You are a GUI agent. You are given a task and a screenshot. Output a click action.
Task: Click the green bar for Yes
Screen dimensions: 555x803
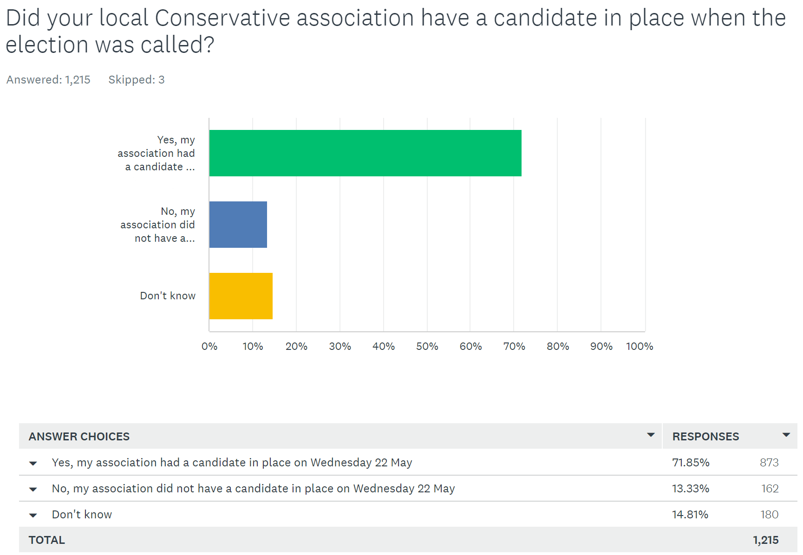point(365,153)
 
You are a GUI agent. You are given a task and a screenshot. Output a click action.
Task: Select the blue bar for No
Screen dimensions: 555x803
point(238,225)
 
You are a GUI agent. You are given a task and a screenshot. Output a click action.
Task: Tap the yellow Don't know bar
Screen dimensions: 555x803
point(241,296)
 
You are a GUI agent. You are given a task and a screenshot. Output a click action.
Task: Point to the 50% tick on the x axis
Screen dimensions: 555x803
point(427,346)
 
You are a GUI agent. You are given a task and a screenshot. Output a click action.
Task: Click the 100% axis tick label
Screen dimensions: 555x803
point(639,346)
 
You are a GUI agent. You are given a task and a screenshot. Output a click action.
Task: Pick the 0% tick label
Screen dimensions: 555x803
point(209,346)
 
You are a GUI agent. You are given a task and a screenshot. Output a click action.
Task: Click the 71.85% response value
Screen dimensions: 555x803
point(691,463)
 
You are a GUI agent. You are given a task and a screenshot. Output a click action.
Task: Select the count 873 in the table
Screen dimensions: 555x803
point(769,463)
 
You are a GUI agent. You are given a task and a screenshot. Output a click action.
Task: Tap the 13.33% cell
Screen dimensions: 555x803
point(691,489)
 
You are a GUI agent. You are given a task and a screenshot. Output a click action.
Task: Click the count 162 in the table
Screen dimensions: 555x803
point(770,489)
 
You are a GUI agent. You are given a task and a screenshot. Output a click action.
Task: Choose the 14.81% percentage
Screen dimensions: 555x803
point(690,515)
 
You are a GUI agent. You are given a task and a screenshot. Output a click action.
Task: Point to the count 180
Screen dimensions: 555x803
point(769,515)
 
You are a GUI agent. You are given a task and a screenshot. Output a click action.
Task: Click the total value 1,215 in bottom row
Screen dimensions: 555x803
point(765,540)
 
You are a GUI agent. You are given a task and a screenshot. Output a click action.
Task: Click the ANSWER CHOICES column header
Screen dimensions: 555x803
point(79,437)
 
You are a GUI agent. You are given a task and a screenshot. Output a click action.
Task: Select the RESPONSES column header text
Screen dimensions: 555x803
point(705,437)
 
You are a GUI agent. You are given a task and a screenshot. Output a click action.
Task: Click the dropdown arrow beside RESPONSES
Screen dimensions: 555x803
point(786,435)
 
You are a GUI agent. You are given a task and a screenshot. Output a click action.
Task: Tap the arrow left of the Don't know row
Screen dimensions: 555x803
point(33,515)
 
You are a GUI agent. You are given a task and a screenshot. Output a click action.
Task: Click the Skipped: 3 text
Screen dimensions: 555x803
point(136,80)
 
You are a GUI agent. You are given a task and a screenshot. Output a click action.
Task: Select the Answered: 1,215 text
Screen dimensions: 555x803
point(48,80)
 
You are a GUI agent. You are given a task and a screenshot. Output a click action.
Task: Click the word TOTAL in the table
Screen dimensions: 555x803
point(47,540)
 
